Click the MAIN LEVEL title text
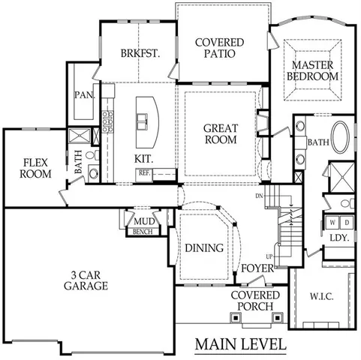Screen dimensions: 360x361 pos(240,345)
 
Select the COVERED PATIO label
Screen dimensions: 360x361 pos(215,48)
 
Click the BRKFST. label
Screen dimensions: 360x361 pos(138,53)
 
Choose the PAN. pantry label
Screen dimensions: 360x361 pos(83,95)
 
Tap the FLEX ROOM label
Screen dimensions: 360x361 pos(36,168)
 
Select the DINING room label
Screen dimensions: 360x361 pos(203,248)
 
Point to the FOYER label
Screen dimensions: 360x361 pos(256,268)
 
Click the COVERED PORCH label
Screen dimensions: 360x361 pos(255,301)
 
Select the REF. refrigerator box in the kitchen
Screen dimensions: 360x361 pos(144,173)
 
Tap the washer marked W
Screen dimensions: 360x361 pos(332,223)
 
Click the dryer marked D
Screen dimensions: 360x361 pos(347,223)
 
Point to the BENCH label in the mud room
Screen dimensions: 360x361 pos(142,232)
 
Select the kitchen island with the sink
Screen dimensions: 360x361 pos(143,119)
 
